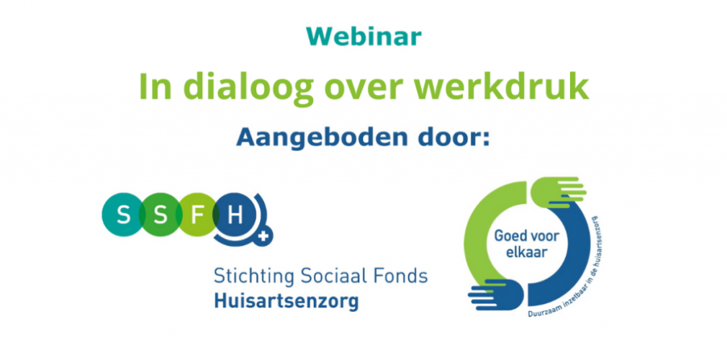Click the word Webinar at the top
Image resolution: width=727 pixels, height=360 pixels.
click(364, 36)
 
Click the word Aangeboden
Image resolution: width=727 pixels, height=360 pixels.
click(315, 138)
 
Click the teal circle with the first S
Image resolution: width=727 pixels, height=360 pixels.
click(123, 215)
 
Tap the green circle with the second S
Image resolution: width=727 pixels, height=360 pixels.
click(160, 215)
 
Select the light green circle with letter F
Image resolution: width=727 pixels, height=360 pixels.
click(197, 215)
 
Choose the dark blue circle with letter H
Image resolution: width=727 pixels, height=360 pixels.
click(235, 215)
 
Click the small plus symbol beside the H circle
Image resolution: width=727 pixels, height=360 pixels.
click(264, 236)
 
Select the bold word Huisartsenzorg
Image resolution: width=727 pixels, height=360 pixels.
click(286, 302)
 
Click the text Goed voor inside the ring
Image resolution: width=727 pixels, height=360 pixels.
click(526, 237)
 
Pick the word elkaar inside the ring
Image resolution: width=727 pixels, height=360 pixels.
click(526, 253)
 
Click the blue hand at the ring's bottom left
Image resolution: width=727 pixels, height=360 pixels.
click(496, 295)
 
